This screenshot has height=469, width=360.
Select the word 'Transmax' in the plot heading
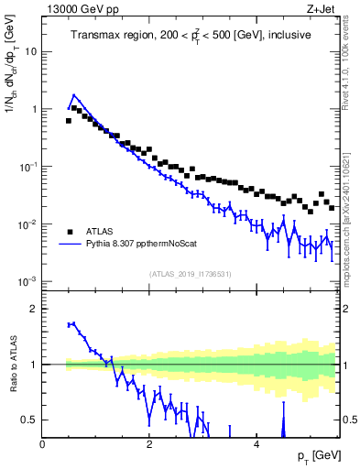pos(97,36)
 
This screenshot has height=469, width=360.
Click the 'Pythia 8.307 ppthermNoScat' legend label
pos(139,245)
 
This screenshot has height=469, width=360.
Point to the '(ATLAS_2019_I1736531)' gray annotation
pos(191,273)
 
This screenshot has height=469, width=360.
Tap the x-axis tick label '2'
pos(148,443)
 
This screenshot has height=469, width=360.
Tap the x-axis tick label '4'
pos(256,443)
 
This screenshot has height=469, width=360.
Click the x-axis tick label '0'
pos(42,443)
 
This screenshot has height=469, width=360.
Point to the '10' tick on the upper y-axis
pos(30,51)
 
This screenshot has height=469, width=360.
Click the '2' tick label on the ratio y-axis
pos(34,309)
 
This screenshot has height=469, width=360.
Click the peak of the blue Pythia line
pos(74,94)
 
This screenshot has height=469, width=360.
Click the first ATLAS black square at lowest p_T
pos(69,120)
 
